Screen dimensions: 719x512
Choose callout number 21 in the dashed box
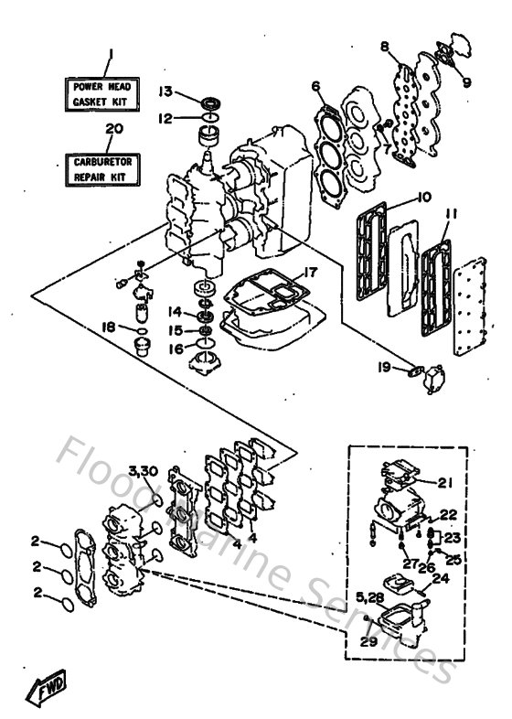pyautogui.click(x=444, y=483)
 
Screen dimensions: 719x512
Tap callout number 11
pyautogui.click(x=448, y=215)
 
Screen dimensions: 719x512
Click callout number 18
pyautogui.click(x=108, y=327)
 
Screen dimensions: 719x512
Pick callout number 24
pyautogui.click(x=440, y=578)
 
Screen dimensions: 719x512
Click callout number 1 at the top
pyautogui.click(x=108, y=55)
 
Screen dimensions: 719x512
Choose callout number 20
pyautogui.click(x=112, y=129)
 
